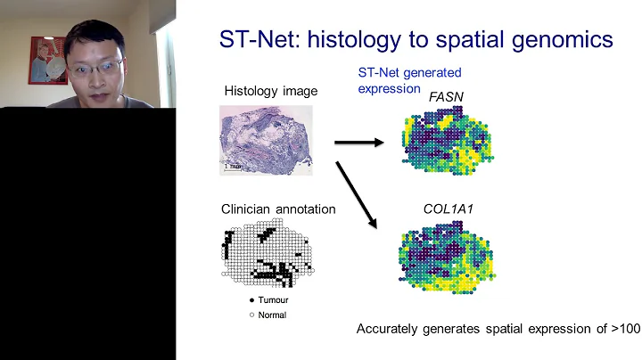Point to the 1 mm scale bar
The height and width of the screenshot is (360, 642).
pos(235,166)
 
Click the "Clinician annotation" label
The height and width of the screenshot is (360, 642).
pos(278,209)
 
